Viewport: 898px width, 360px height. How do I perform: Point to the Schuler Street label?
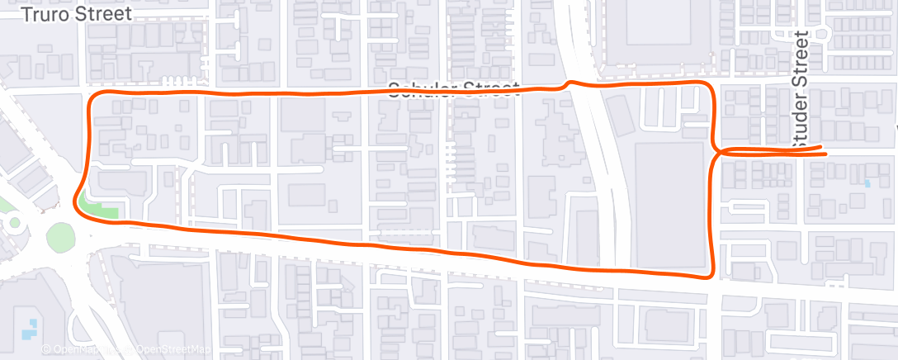pos(454,89)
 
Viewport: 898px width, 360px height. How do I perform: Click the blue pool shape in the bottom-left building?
pos(31,328)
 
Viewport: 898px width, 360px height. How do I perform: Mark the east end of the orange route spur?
pos(823,148)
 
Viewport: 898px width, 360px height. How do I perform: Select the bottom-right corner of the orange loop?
pos(710,275)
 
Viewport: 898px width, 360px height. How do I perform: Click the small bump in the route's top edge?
pos(567,83)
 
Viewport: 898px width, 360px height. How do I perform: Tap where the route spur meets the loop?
pos(716,151)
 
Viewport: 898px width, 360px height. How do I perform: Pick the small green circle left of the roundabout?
pos(13,221)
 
